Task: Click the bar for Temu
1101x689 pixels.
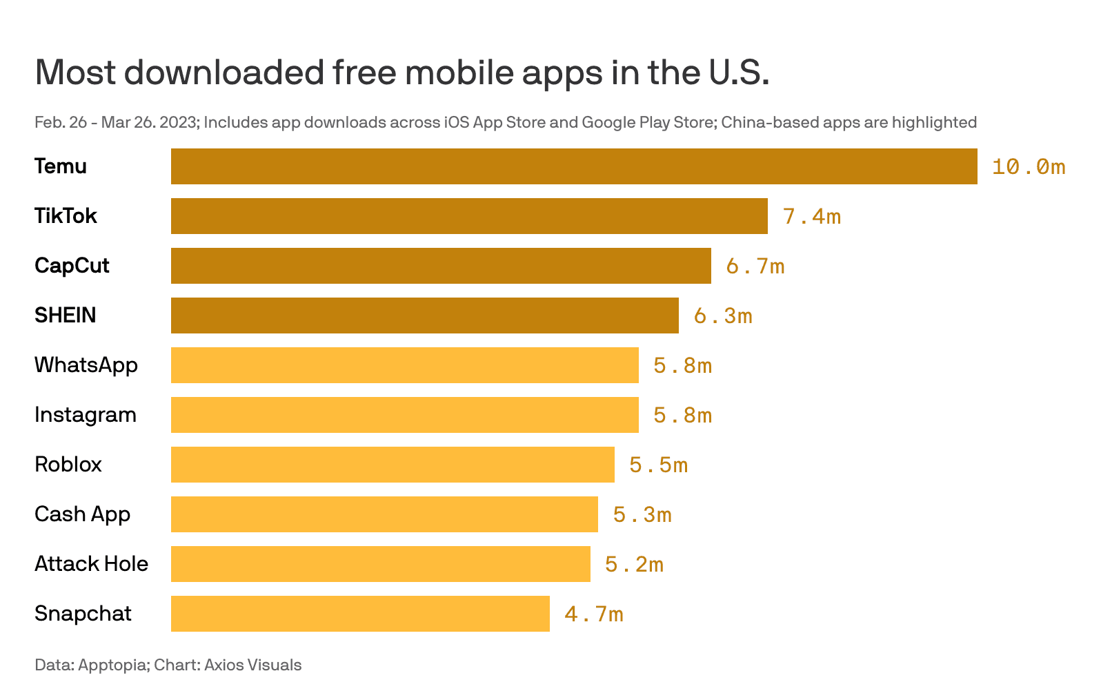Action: click(574, 166)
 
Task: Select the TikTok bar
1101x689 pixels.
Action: click(469, 216)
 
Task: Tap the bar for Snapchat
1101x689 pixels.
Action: click(360, 614)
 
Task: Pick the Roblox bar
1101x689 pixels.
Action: click(393, 465)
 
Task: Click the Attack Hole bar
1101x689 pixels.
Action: click(381, 564)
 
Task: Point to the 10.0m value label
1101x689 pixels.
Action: click(1028, 167)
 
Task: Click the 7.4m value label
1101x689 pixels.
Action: click(811, 217)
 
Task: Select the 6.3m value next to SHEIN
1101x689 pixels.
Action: click(722, 316)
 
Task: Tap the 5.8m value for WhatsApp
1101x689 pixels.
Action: click(682, 366)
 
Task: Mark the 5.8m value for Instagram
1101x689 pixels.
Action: click(682, 416)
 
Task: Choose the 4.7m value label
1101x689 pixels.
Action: click(593, 614)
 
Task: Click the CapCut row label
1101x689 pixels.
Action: click(72, 266)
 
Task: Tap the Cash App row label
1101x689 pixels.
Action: click(82, 514)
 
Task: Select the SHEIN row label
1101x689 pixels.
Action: click(66, 316)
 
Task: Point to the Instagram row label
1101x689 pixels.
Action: click(86, 415)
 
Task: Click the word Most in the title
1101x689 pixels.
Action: click(75, 72)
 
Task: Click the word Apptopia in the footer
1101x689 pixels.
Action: click(112, 666)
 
